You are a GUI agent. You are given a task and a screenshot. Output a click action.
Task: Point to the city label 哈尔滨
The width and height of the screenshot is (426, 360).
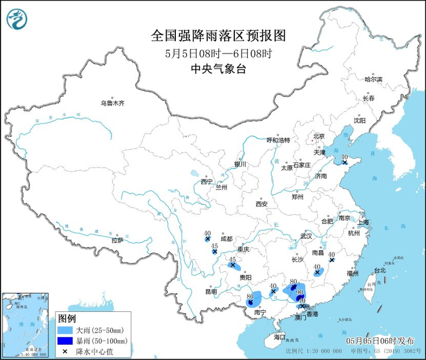[x=372, y=80]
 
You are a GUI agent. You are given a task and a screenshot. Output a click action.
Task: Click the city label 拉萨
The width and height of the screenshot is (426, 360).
[x=117, y=240]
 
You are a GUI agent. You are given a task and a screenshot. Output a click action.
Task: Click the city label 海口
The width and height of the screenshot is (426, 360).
[x=279, y=336]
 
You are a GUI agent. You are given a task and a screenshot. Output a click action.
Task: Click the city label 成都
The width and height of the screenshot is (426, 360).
[x=226, y=239]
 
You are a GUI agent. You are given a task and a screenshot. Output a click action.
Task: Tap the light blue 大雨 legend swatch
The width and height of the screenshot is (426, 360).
[x=64, y=330]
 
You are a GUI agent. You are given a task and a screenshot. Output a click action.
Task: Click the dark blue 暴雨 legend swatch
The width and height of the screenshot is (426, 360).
[x=64, y=341]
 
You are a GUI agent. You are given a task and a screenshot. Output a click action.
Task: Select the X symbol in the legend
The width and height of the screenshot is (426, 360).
[x=64, y=351]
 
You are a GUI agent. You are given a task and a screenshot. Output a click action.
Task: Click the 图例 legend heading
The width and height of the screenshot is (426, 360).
[x=66, y=318]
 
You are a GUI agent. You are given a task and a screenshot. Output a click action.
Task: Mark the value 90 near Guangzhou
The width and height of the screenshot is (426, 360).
[x=299, y=292]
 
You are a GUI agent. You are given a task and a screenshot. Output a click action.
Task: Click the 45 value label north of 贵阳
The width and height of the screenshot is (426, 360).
[x=232, y=259]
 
